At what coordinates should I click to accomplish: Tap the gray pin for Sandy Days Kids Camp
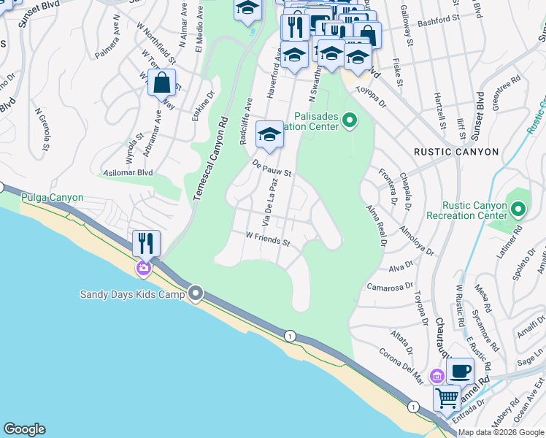[196, 294]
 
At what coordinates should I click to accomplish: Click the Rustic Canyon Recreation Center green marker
[518, 211]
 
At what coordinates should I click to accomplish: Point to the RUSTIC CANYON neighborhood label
[456, 152]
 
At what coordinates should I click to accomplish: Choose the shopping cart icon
[447, 399]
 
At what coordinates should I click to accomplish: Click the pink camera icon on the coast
[143, 268]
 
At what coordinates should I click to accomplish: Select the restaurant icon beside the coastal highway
[146, 242]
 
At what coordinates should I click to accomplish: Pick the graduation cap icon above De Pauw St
[269, 135]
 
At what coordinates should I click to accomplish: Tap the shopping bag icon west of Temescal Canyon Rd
[161, 83]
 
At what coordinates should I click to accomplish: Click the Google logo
[24, 429]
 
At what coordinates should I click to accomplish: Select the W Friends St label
[268, 240]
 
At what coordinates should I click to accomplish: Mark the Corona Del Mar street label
[401, 363]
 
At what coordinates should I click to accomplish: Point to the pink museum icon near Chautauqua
[437, 376]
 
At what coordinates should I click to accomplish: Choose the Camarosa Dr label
[390, 288]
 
